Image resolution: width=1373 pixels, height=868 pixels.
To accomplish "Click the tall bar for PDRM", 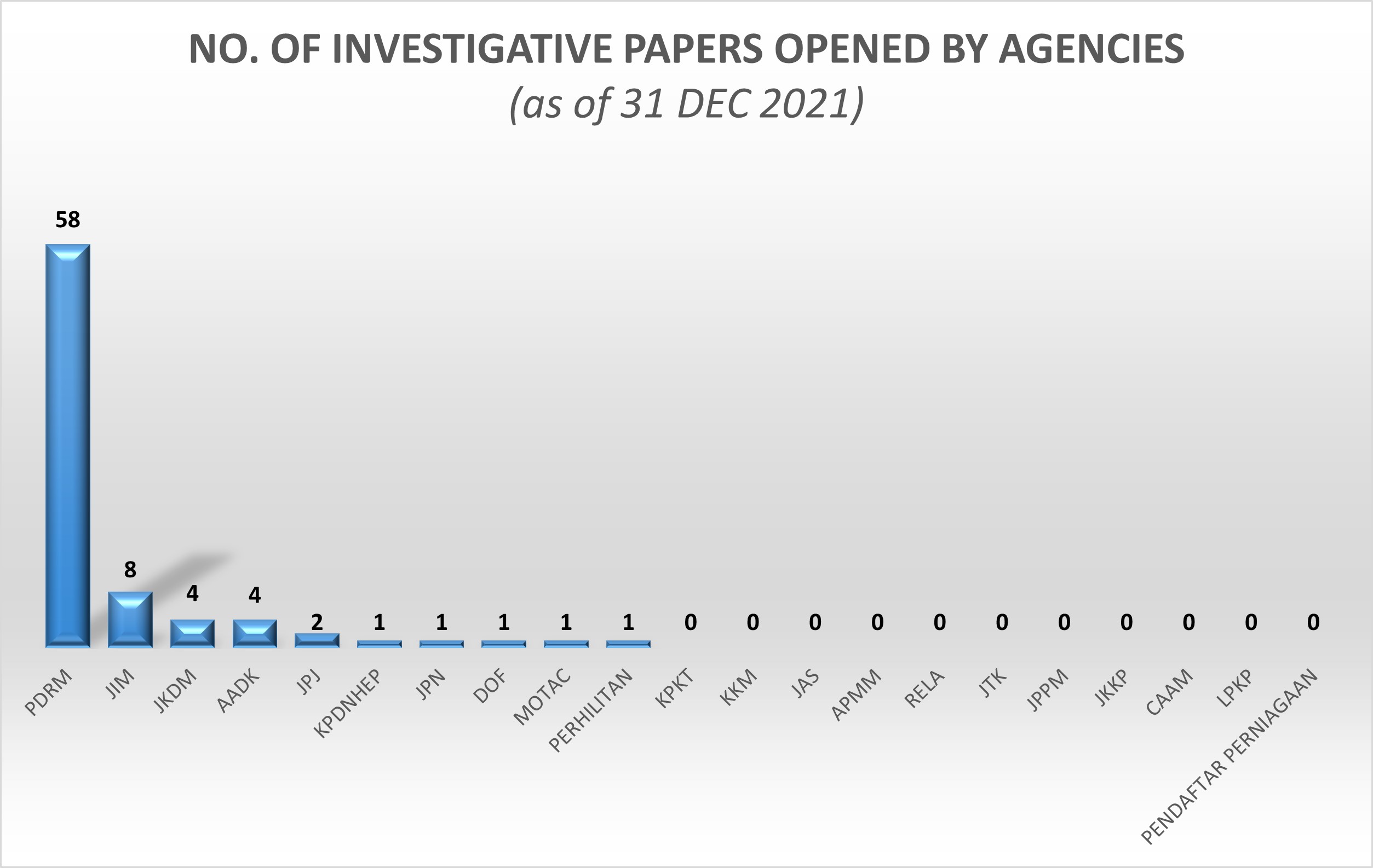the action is pos(68,445).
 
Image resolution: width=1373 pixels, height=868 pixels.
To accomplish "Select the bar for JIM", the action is pos(130,620).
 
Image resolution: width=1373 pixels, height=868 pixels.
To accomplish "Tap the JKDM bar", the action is pos(192,634).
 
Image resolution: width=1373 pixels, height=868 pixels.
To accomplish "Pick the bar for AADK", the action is pos(255,634).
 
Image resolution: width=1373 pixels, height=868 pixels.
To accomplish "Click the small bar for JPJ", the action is pos(317,640).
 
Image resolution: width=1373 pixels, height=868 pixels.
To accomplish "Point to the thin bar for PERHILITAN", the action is pos(628,644).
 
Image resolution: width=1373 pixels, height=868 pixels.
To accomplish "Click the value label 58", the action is pos(68,219).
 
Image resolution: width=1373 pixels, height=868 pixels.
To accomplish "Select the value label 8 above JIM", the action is pos(130,569).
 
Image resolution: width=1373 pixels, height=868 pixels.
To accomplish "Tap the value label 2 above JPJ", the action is pos(317,622).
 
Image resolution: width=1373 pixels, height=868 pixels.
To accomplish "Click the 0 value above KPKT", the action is pos(691,622).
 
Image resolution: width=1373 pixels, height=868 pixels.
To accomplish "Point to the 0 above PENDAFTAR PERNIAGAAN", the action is pos(1313,622).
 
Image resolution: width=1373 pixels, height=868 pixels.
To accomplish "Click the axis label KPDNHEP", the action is pos(348,704).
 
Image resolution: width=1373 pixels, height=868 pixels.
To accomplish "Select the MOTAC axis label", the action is pos(542,697).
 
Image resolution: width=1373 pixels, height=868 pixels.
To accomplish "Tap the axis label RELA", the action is pos(924,690).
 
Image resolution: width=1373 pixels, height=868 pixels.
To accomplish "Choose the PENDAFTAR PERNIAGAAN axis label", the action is pos(1230,756).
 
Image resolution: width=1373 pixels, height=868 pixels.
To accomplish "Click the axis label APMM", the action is pos(856,695).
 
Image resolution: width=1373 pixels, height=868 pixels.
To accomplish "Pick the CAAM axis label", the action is pos(1169,692).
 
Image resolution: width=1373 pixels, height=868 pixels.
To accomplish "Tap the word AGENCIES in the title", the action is pos(1092,49).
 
